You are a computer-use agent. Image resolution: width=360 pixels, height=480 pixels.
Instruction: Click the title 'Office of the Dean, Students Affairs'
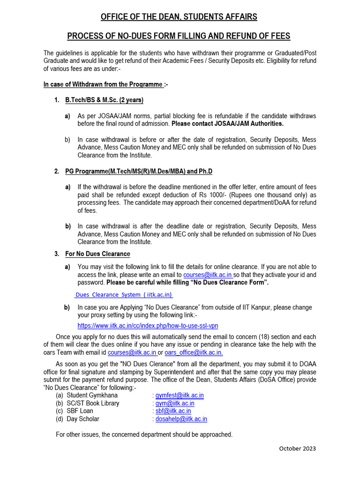click(x=179, y=17)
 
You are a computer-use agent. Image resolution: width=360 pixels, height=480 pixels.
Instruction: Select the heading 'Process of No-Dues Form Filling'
click(x=179, y=36)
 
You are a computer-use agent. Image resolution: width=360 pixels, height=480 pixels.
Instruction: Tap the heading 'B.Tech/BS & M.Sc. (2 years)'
click(x=104, y=100)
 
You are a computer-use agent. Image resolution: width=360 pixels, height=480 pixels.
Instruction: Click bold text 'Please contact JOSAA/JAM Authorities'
click(x=227, y=124)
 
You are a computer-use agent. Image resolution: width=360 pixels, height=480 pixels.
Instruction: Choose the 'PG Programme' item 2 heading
click(x=138, y=172)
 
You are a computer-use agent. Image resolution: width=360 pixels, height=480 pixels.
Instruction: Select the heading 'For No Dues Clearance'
click(x=97, y=254)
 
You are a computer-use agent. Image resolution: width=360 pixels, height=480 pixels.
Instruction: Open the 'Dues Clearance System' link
click(x=124, y=294)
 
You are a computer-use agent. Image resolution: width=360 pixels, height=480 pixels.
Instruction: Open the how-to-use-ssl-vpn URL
click(x=148, y=325)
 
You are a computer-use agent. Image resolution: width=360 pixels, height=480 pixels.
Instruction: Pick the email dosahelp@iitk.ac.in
click(x=181, y=419)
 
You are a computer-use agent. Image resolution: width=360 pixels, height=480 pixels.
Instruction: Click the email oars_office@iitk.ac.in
click(x=194, y=352)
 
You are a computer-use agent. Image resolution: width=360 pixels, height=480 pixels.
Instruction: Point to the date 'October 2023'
click(x=298, y=448)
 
